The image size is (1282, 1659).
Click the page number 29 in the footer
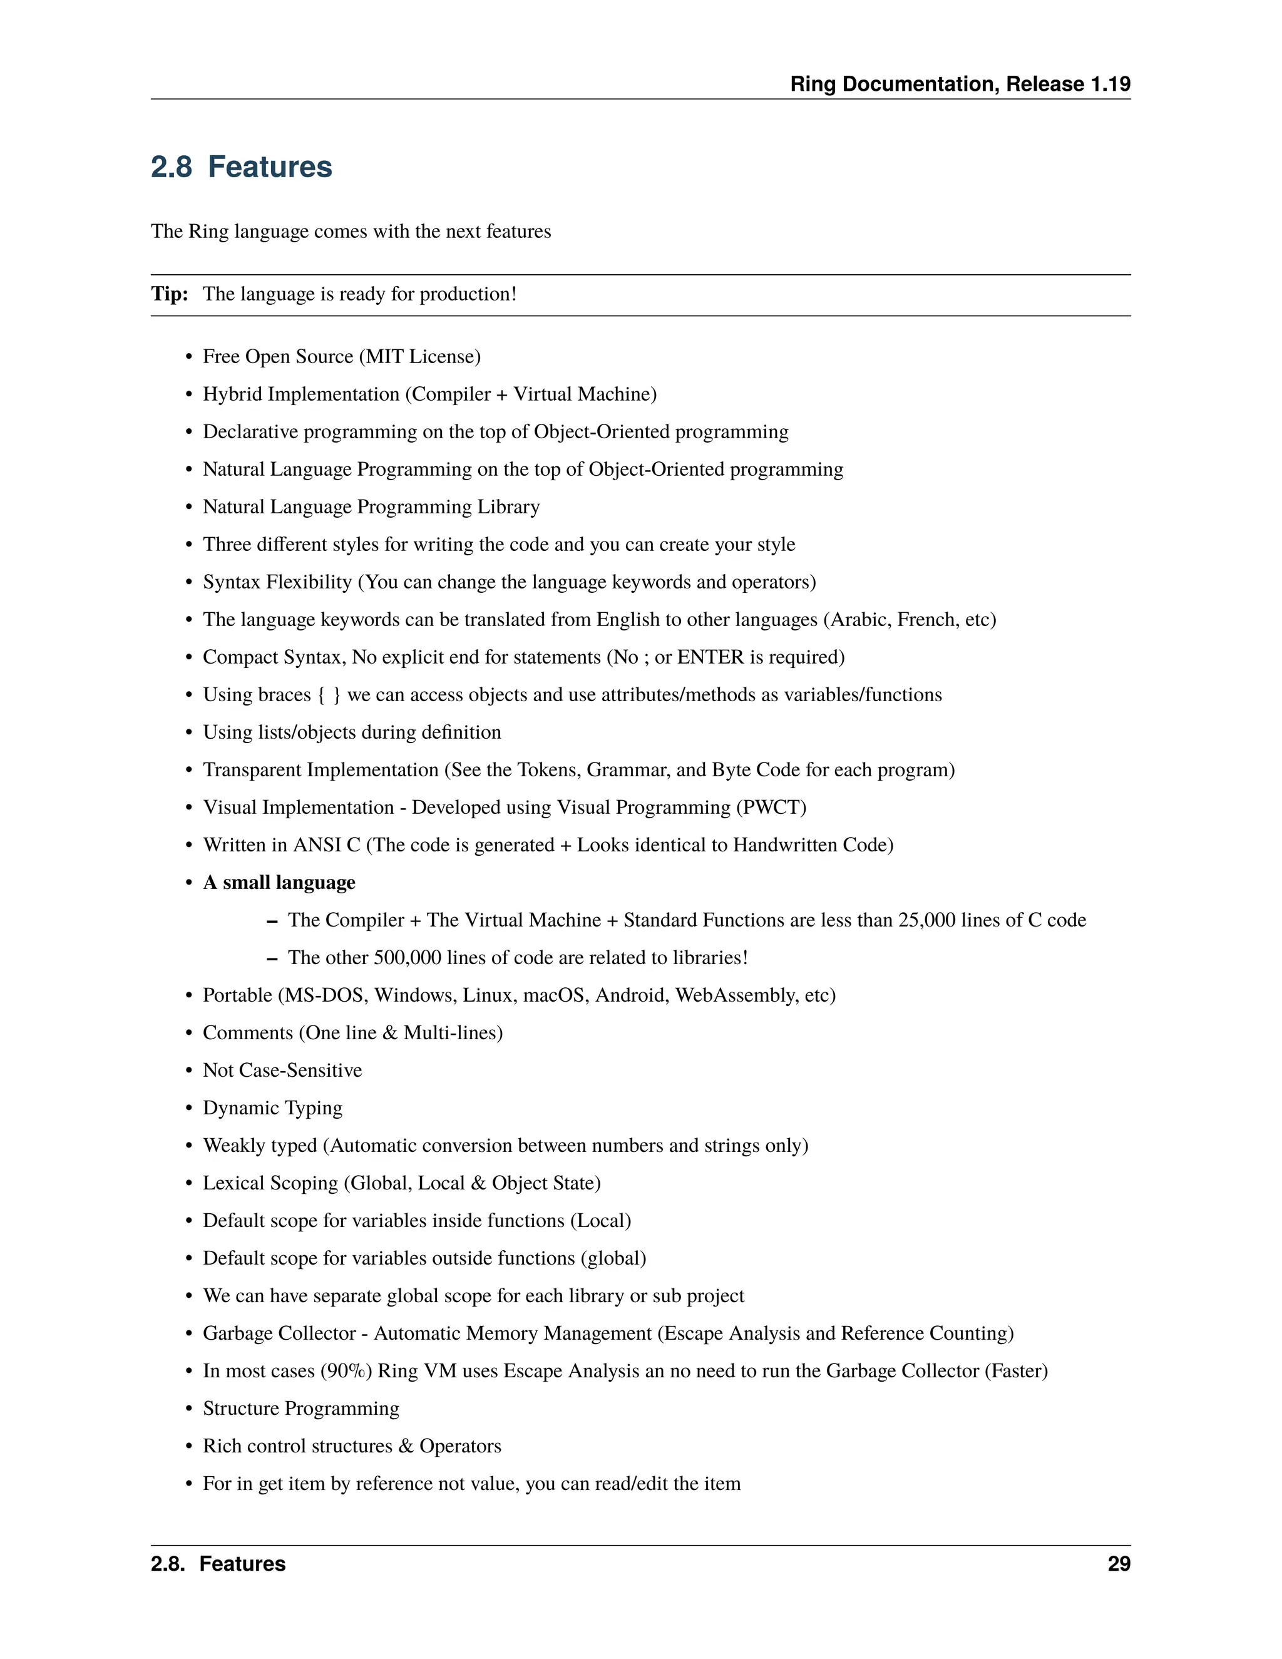click(x=1119, y=1564)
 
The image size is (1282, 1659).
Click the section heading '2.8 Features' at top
click(x=242, y=167)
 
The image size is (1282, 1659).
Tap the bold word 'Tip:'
click(x=170, y=294)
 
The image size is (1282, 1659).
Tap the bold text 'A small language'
click(x=279, y=882)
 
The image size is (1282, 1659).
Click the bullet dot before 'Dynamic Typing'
click(x=189, y=1108)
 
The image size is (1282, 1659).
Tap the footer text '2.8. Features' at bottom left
click(x=218, y=1564)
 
